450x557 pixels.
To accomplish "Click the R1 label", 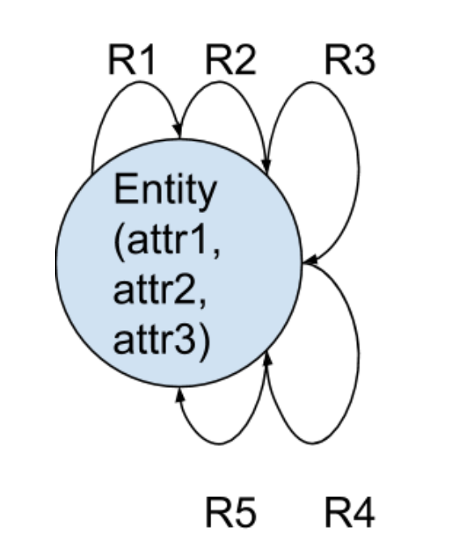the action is click(x=131, y=60).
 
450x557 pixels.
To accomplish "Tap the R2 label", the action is click(x=231, y=60).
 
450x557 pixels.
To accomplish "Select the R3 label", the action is click(x=350, y=60).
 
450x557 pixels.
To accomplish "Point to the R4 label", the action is click(x=350, y=513).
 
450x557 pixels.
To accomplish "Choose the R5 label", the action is click(x=231, y=513).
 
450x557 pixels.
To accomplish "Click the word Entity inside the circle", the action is click(x=165, y=192).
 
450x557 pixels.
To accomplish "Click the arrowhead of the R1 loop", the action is click(x=178, y=130).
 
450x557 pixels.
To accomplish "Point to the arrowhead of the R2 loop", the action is click(x=266, y=166).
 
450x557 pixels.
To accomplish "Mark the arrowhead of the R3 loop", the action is click(x=310, y=261).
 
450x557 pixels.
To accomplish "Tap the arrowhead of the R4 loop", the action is click(x=267, y=358).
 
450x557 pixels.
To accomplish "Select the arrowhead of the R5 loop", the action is click(x=180, y=395).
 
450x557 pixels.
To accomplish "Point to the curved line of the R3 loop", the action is click(x=359, y=171).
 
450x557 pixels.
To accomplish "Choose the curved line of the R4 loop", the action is click(x=359, y=355).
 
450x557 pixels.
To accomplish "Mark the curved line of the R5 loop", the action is click(x=219, y=444).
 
